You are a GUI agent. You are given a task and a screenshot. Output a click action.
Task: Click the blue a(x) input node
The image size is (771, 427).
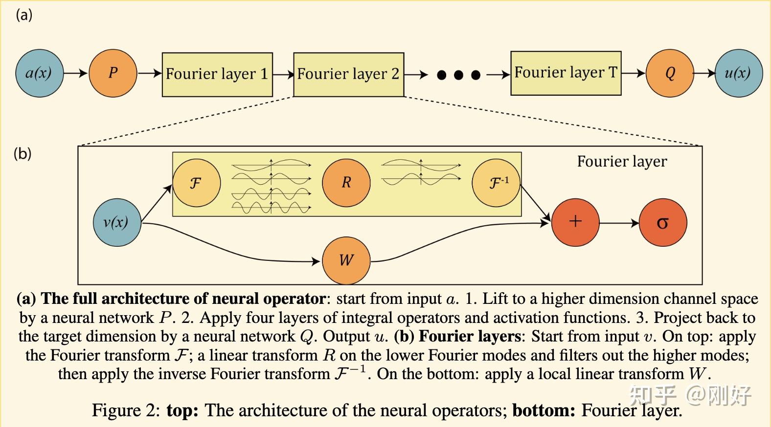click(39, 73)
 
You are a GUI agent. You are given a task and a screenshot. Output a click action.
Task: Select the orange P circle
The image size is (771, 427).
click(113, 73)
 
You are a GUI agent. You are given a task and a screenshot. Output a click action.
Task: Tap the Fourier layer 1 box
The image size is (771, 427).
click(217, 74)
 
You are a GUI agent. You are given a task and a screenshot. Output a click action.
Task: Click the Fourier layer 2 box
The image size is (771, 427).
click(348, 74)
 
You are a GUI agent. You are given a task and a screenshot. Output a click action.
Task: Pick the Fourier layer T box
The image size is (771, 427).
click(566, 73)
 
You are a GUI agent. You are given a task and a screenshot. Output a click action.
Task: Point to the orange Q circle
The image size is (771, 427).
click(670, 73)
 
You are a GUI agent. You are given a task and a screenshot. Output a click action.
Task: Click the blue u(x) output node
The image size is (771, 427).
click(738, 73)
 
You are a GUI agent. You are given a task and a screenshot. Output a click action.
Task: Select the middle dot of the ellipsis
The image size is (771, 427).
click(458, 75)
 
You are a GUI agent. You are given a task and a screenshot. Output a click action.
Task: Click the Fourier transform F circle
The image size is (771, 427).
click(196, 183)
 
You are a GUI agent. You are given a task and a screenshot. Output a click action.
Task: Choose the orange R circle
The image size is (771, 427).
click(346, 182)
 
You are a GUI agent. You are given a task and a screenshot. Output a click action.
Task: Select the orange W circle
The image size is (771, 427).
click(346, 260)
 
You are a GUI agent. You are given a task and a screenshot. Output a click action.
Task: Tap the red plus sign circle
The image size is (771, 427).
click(575, 222)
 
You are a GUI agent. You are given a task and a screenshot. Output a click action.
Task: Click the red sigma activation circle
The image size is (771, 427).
click(662, 223)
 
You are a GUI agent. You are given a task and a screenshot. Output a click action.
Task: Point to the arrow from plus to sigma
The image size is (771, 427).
click(619, 223)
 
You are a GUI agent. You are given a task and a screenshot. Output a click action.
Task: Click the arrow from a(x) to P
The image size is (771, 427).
click(75, 74)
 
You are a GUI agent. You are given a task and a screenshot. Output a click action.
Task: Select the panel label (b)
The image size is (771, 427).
click(23, 154)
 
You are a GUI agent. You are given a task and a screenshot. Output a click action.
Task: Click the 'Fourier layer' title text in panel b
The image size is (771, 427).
click(622, 162)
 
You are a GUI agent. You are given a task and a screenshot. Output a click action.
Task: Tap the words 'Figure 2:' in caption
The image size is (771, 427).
click(126, 410)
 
